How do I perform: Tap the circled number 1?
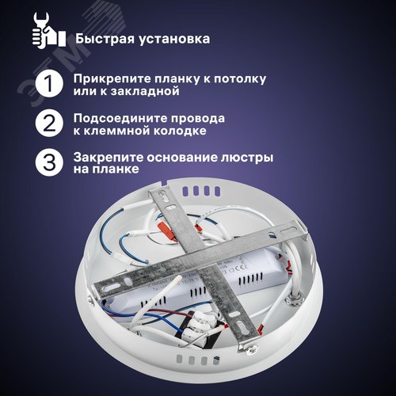pyautogui.click(x=49, y=85)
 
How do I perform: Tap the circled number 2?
pyautogui.click(x=49, y=123)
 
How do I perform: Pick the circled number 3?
pyautogui.click(x=49, y=162)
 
